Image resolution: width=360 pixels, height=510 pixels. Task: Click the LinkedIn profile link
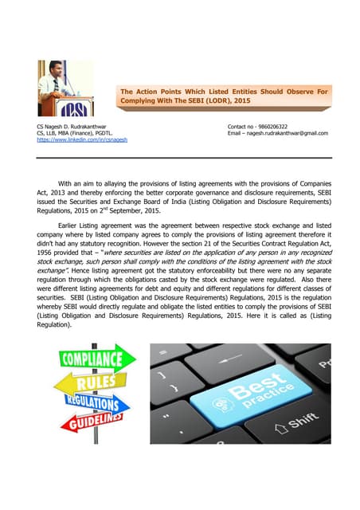76,139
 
